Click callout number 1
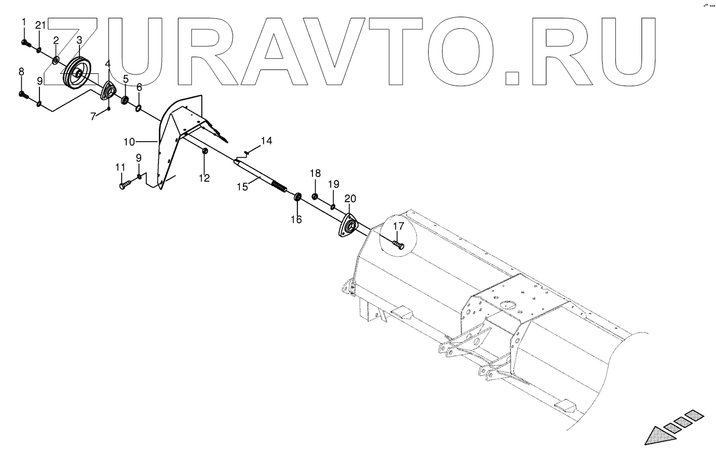tap(23, 22)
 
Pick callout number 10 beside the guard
tap(129, 142)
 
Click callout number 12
tap(205, 178)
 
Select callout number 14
tap(267, 141)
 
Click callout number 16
tap(296, 220)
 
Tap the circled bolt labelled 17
tap(398, 243)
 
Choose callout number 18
tap(315, 173)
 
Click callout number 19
tap(333, 184)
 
